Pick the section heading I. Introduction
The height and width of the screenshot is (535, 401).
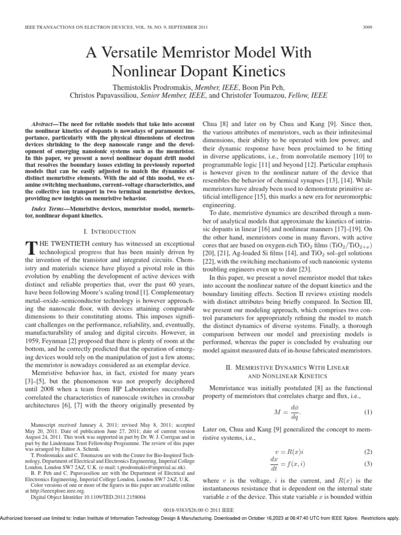click(x=110, y=231)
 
